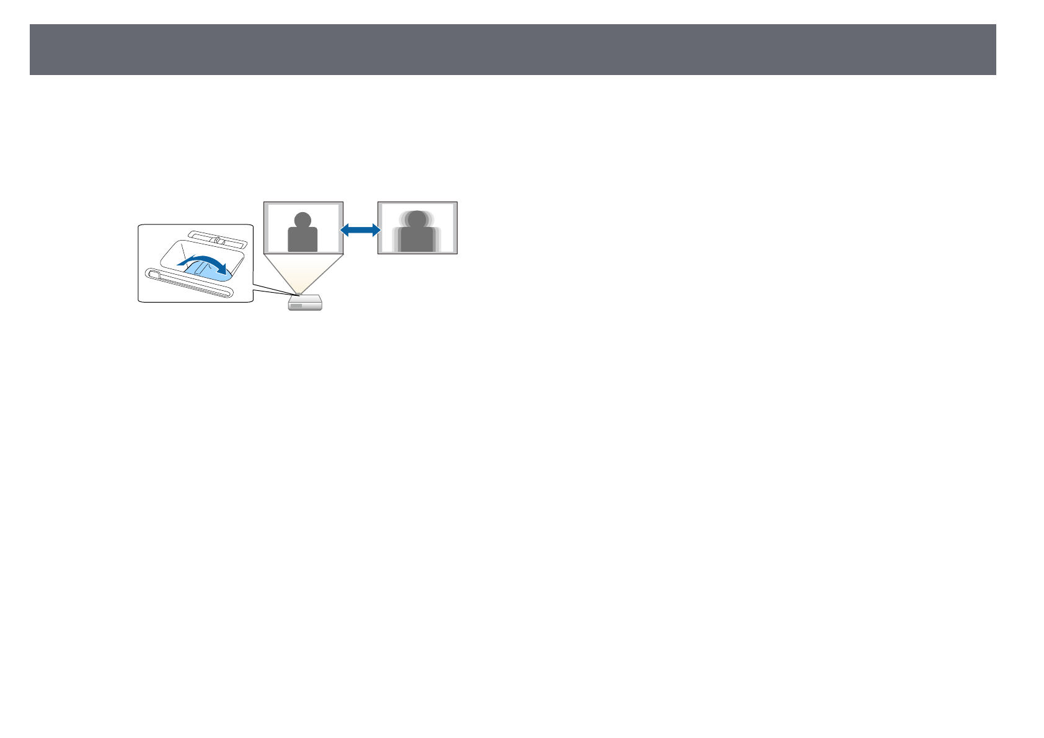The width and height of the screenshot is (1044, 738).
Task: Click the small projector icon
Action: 305,303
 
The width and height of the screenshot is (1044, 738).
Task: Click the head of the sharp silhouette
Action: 303,220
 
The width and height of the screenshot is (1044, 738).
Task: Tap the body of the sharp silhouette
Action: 303,239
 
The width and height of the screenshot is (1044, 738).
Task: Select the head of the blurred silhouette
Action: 417,219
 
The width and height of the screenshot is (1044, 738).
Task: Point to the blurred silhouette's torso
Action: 417,239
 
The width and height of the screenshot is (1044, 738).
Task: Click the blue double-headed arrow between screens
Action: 360,230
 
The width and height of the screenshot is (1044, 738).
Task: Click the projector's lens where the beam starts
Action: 300,293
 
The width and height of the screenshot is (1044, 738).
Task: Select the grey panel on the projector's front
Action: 296,306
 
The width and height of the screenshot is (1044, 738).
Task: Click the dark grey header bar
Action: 513,50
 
